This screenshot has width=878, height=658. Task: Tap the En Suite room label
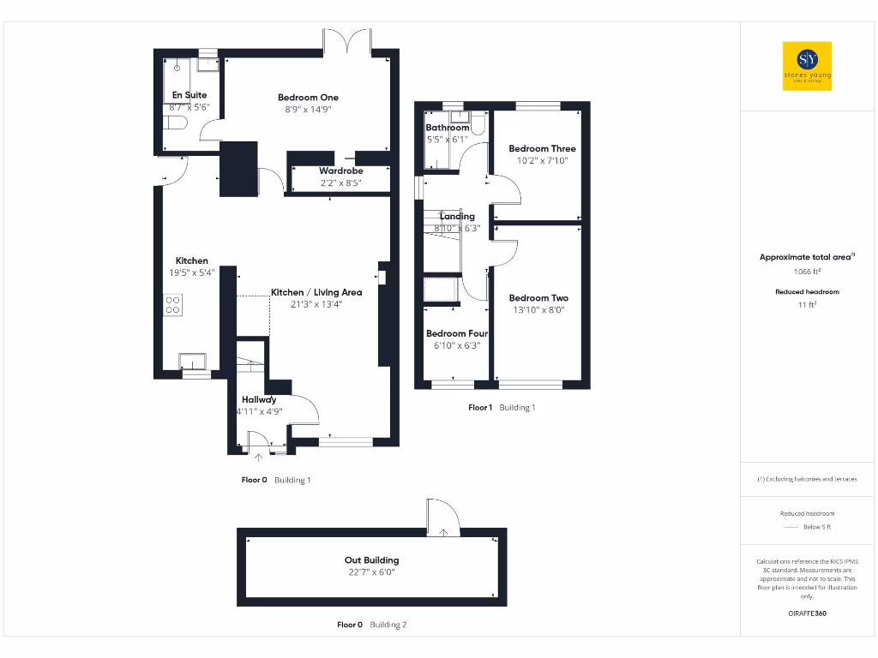[x=189, y=95]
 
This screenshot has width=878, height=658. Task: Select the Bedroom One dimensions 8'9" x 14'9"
[x=308, y=110]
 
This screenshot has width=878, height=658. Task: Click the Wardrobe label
[x=340, y=170]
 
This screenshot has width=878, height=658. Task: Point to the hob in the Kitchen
[x=172, y=305]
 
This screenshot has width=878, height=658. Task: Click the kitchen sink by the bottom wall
[x=193, y=361]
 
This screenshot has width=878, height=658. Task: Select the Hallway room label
[x=259, y=399]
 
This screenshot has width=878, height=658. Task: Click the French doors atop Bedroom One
[x=347, y=41]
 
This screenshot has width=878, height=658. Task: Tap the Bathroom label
[x=448, y=128]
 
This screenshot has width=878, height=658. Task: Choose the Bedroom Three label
[x=542, y=148]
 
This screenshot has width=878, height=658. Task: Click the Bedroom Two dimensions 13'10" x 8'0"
[x=541, y=310]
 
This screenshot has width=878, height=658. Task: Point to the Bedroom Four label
[x=457, y=333]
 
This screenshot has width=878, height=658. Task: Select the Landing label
[x=457, y=217]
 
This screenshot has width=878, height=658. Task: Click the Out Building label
[x=371, y=560]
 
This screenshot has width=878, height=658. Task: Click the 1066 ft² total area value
[x=806, y=272]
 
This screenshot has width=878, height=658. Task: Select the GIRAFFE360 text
[x=806, y=613]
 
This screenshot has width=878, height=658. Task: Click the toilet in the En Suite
[x=177, y=124]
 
